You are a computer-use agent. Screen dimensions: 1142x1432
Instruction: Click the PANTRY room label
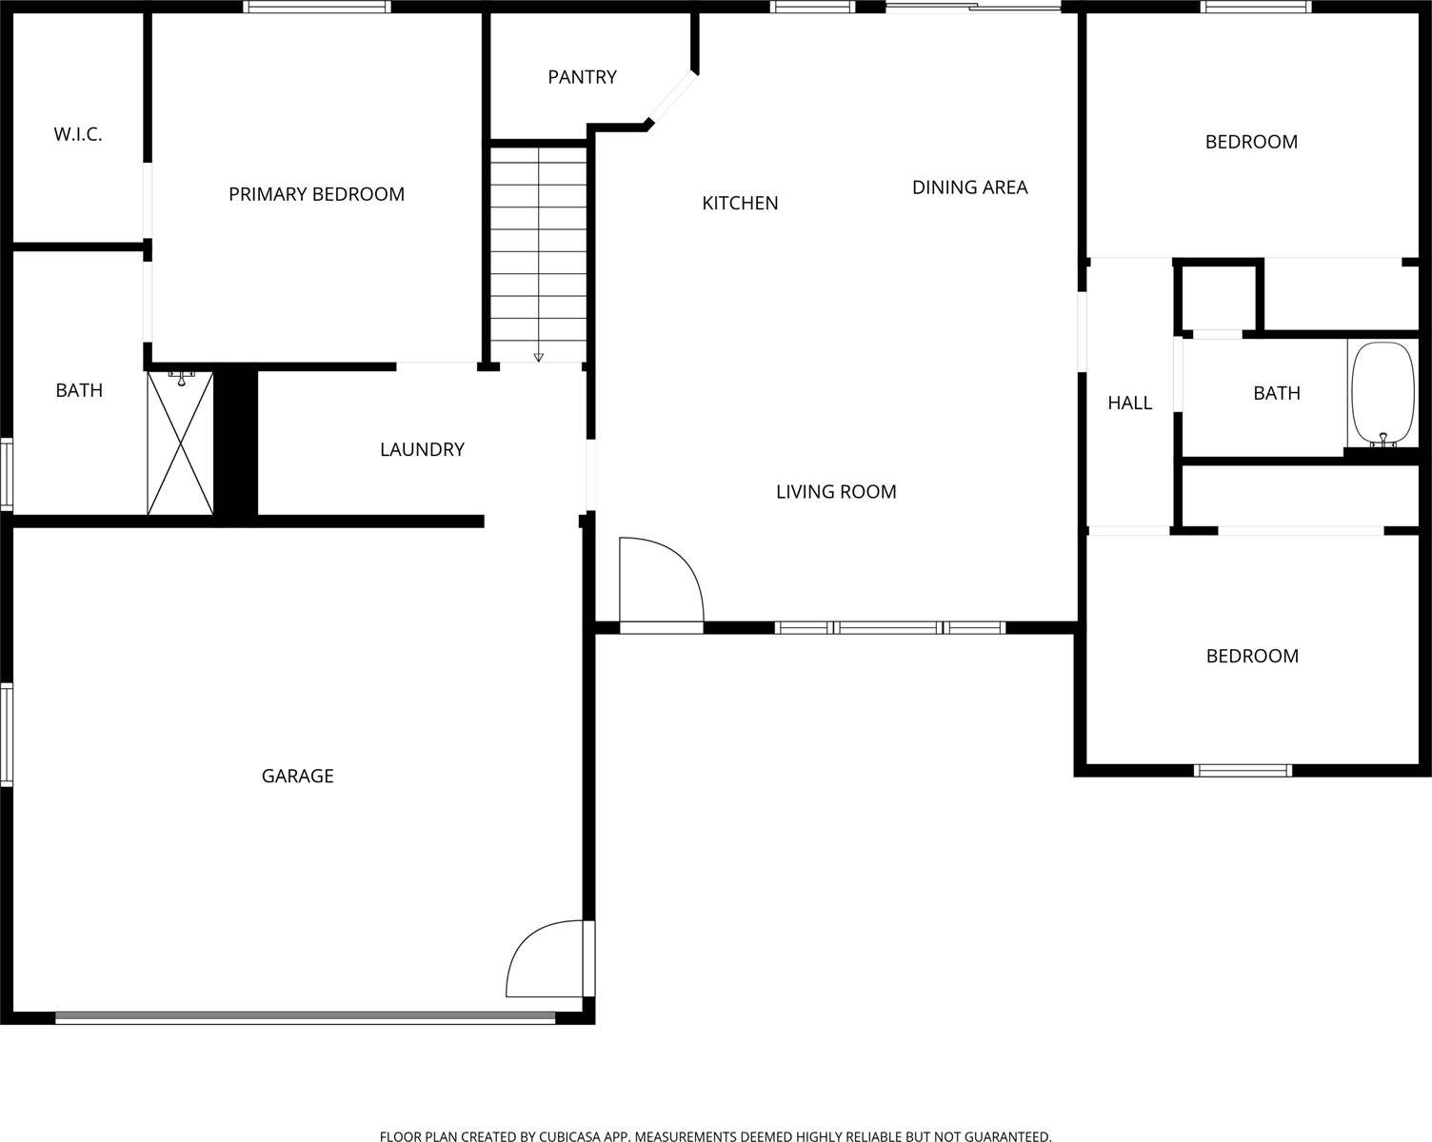[582, 77]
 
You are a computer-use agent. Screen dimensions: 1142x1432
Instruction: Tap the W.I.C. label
[78, 134]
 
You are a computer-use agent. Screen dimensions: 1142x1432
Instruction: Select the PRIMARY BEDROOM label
[316, 194]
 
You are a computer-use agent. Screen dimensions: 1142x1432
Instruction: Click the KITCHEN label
[740, 203]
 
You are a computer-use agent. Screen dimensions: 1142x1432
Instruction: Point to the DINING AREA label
[969, 187]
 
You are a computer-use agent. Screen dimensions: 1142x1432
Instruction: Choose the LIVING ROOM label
[836, 492]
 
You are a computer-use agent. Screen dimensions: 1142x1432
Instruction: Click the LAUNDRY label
[422, 449]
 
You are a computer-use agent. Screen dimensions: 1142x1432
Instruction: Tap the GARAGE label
[297, 777]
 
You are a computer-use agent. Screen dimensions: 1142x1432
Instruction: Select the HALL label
[1129, 404]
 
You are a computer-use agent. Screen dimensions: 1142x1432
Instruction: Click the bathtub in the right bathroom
[1382, 393]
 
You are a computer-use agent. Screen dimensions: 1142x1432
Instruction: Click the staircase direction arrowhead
[539, 357]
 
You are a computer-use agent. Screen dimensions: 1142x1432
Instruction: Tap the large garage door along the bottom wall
[305, 1017]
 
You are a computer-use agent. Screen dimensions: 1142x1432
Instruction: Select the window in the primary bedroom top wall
[316, 7]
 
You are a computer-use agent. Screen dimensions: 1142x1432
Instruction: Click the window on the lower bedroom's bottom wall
[1243, 771]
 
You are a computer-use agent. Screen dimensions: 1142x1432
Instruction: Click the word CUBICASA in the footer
[569, 1136]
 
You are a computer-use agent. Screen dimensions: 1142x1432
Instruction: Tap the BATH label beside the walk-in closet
[79, 390]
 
